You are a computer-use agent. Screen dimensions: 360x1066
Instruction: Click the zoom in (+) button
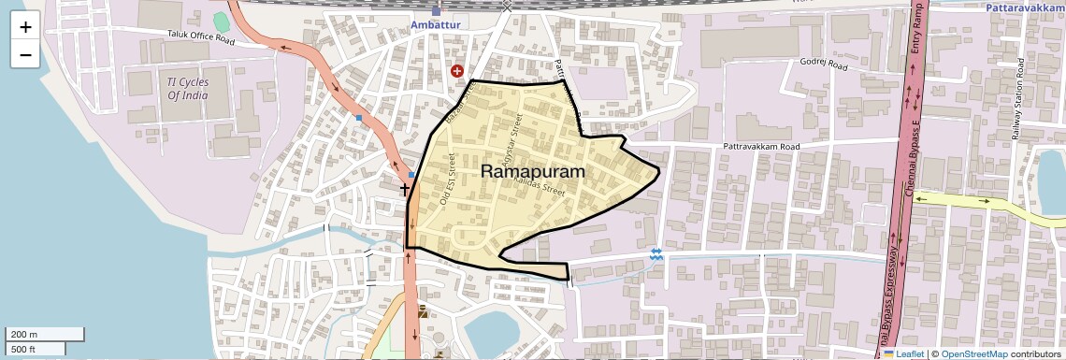click(x=25, y=27)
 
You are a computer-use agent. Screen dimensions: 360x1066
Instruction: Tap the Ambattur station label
click(x=435, y=23)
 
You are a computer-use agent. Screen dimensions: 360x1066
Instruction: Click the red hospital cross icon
click(x=457, y=70)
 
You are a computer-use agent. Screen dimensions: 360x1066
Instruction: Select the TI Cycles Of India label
click(x=187, y=89)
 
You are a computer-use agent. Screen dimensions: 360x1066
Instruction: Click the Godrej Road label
click(x=824, y=66)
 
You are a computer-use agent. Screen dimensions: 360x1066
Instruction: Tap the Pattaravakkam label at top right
click(x=1026, y=7)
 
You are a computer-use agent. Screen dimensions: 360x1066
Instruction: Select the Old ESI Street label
click(x=447, y=180)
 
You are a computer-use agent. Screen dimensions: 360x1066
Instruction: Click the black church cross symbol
click(x=406, y=190)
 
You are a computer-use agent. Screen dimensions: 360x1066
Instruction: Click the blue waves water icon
click(x=655, y=253)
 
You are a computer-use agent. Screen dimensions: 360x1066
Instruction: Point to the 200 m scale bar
click(x=45, y=334)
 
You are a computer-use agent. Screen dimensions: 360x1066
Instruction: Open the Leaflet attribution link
click(x=910, y=353)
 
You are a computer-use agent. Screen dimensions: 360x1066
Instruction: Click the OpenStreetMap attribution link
click(x=973, y=353)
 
